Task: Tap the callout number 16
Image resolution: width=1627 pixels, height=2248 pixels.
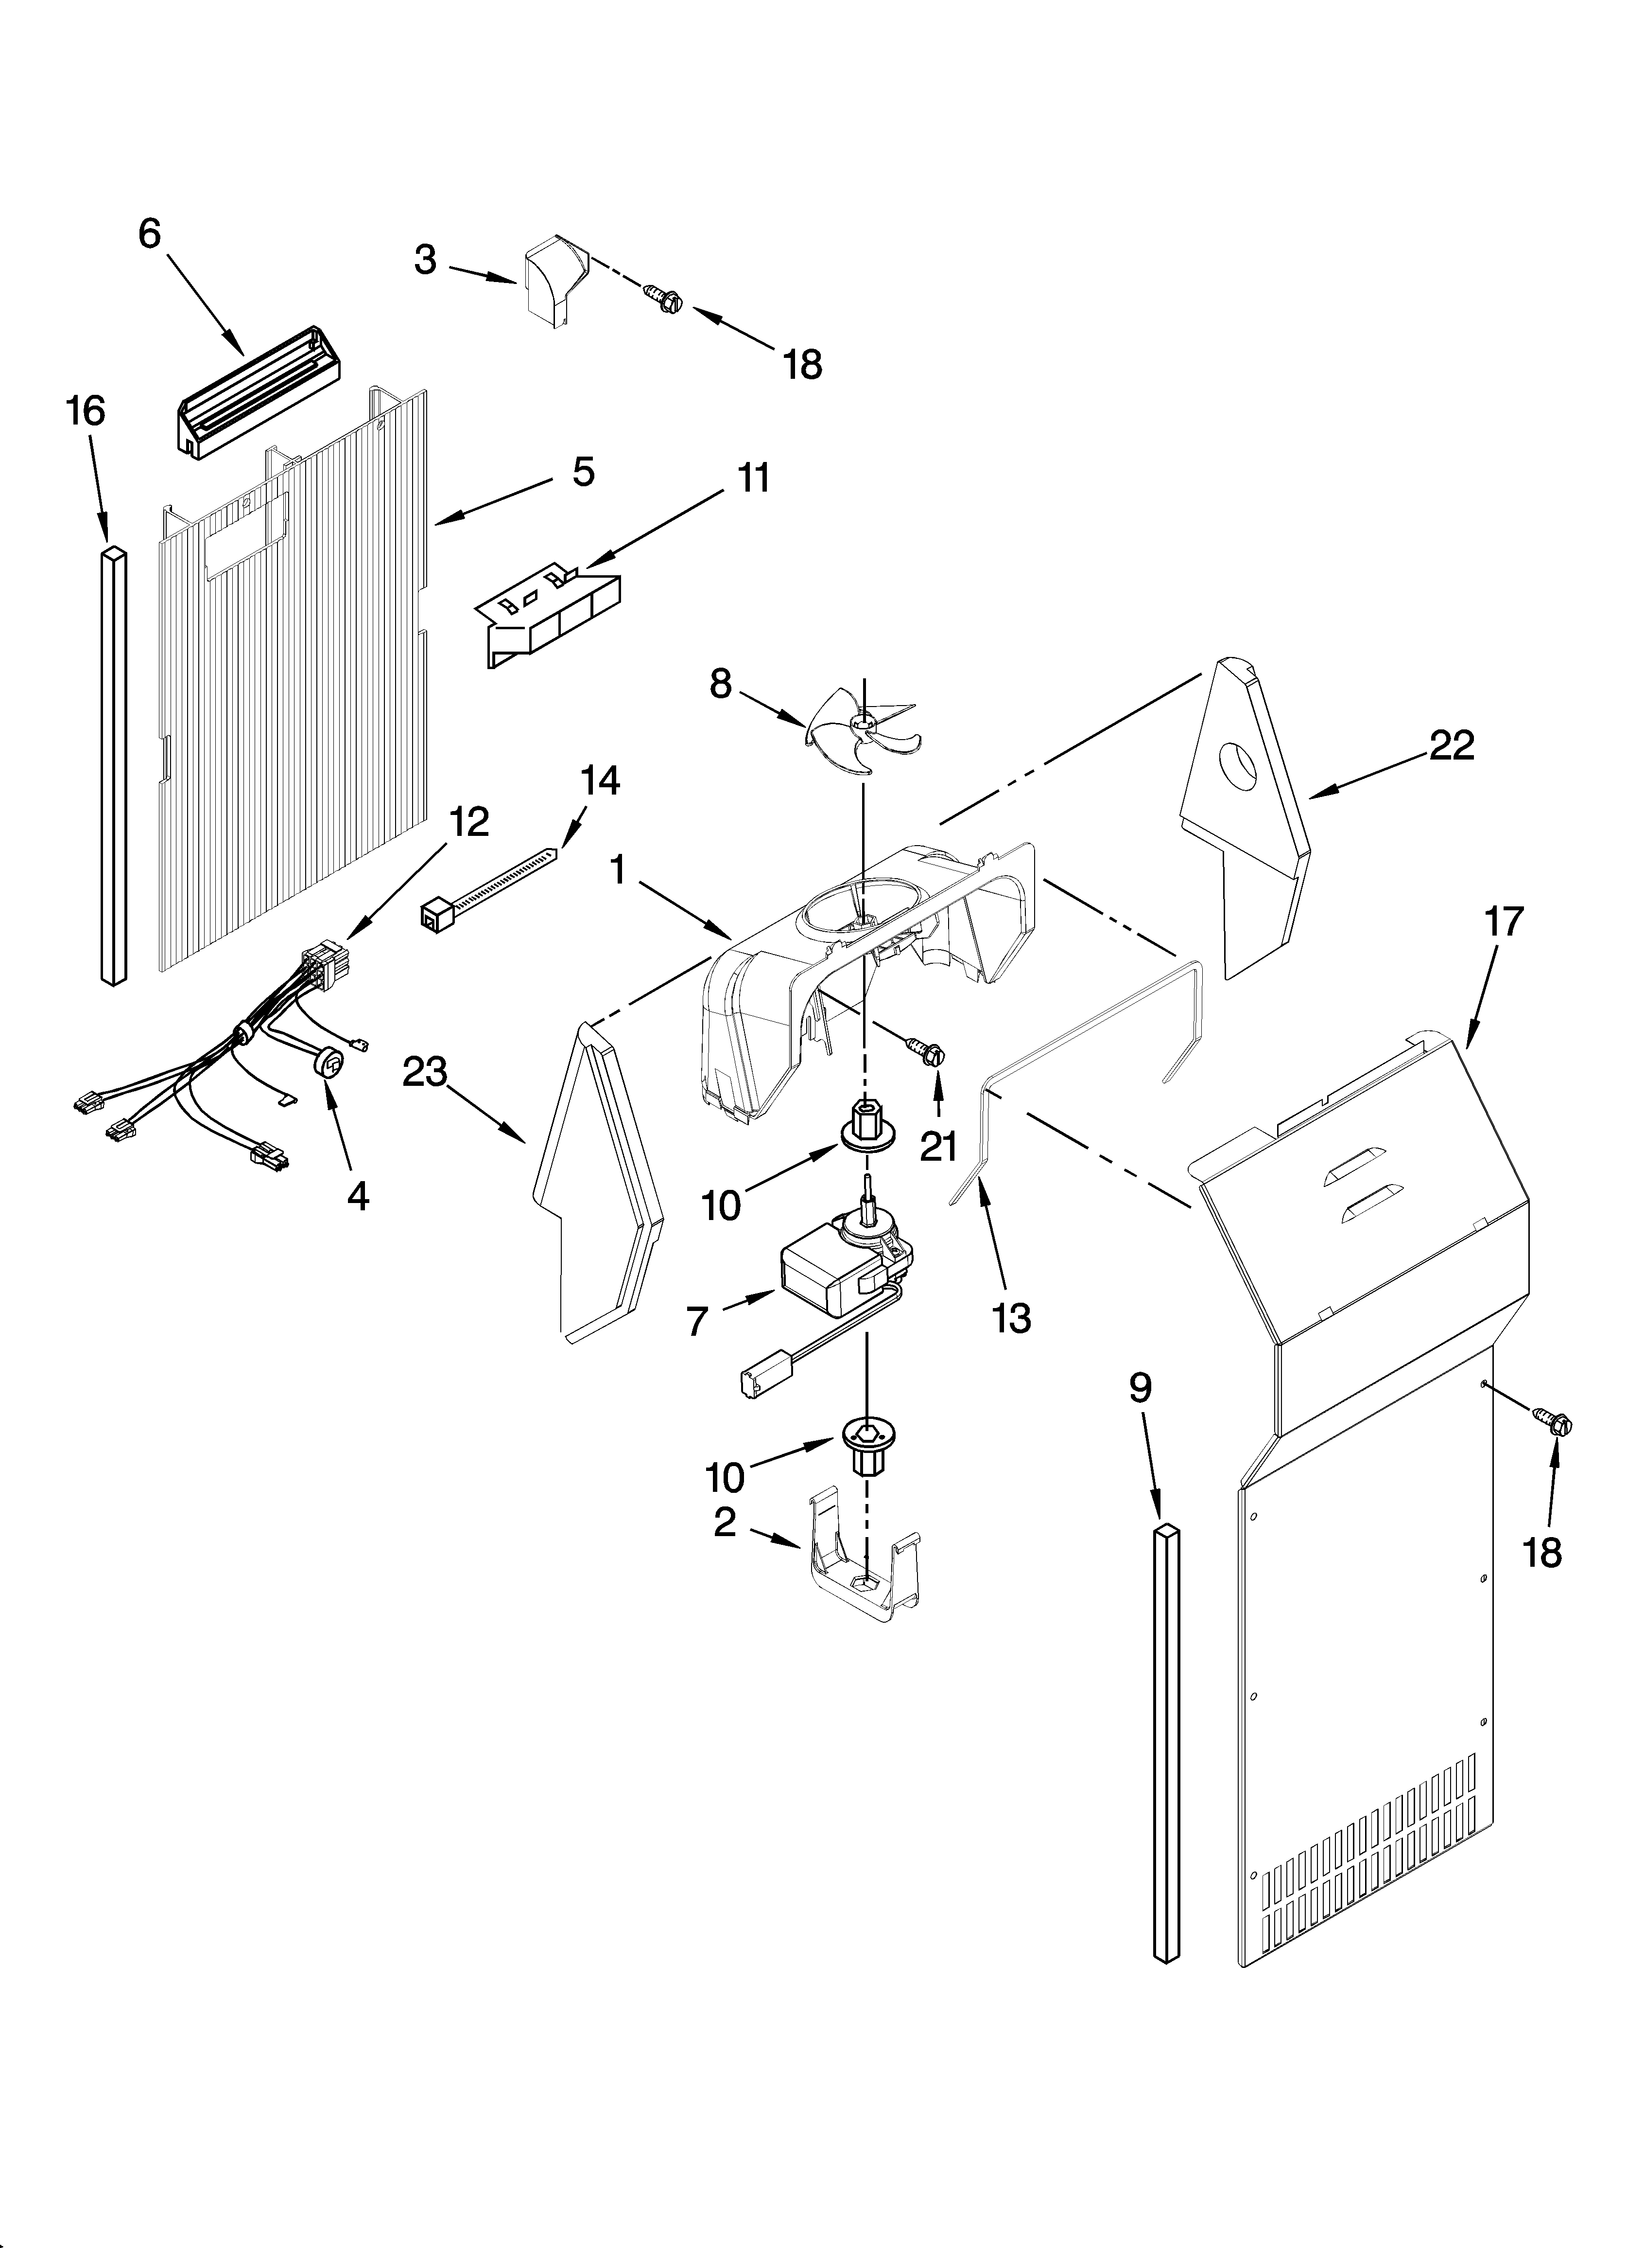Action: (86, 410)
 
